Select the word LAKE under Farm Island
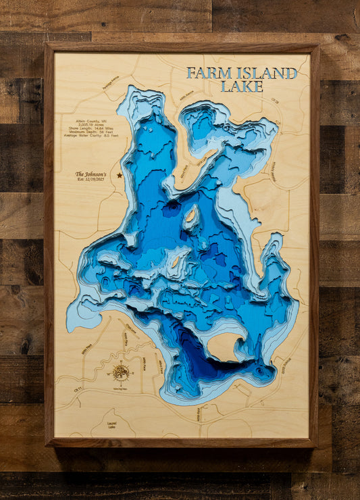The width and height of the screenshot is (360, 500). tap(242, 86)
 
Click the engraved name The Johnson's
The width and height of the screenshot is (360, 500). tap(91, 174)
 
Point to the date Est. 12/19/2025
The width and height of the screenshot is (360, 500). tap(91, 179)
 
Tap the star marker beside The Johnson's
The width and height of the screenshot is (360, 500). tap(120, 175)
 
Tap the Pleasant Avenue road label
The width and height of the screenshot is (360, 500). tap(273, 170)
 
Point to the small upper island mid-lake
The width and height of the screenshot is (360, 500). tap(191, 216)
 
